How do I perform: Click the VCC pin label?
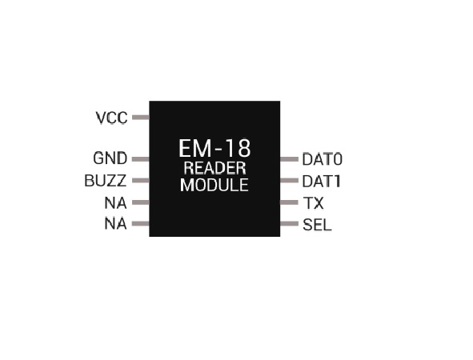coord(111,118)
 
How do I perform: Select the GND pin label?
coord(110,158)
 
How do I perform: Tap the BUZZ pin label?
coord(106,181)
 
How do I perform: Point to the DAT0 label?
coord(323,159)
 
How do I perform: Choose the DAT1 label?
coord(322,182)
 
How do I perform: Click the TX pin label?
coord(314,203)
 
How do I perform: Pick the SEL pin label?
coord(317,225)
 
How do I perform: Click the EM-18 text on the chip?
coord(214,148)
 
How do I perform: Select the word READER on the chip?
coord(214,168)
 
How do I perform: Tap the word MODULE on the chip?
coord(214,185)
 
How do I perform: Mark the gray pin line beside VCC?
coord(141,118)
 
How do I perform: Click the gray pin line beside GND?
coord(141,159)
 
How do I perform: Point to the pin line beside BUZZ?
coord(141,180)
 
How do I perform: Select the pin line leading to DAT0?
coord(289,159)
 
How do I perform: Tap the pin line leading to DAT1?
coord(289,180)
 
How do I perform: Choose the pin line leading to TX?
coord(289,202)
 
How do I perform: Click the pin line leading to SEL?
coord(289,223)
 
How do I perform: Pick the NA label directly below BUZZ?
coord(115,203)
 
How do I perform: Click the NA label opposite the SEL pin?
coord(115,224)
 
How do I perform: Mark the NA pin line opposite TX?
coord(141,202)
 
